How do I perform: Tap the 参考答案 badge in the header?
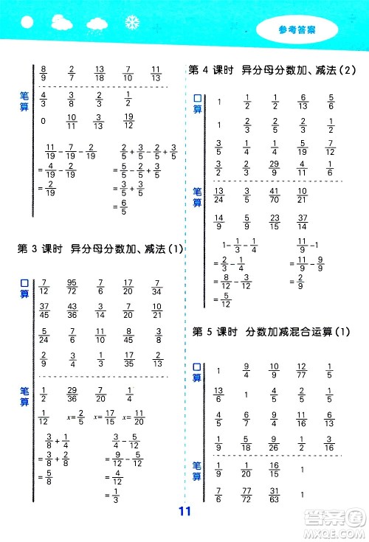pyautogui.click(x=298, y=31)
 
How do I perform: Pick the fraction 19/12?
pyautogui.click(x=128, y=121)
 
